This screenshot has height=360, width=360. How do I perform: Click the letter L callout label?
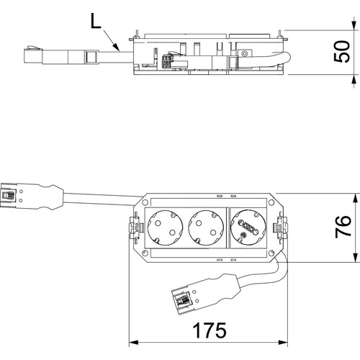coord(96,21)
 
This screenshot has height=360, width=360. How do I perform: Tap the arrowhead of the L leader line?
coord(116,47)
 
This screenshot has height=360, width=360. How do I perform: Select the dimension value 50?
coord(342,52)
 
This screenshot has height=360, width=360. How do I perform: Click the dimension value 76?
coord(343,227)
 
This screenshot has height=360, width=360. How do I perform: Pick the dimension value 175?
coord(210,330)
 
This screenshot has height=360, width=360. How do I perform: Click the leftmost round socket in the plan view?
coord(165,228)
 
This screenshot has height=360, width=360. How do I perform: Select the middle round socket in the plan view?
coord(206,228)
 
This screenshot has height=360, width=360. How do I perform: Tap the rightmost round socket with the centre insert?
coord(248,228)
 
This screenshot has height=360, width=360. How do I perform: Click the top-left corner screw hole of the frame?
coord(145,202)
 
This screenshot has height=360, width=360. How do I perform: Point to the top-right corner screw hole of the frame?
coord(271,202)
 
